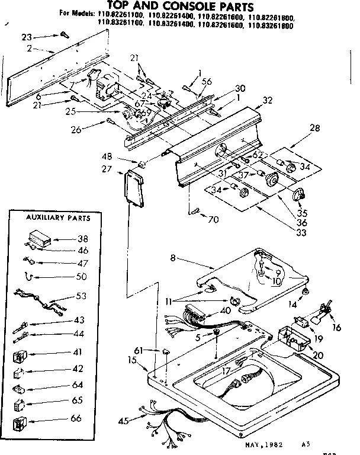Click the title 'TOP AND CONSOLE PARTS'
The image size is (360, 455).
(179, 7)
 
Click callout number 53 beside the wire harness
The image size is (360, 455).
(82, 296)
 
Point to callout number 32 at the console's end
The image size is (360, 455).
(268, 101)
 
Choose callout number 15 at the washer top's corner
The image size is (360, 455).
(133, 360)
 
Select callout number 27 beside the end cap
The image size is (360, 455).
(107, 169)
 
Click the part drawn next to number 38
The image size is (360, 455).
(38, 238)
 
